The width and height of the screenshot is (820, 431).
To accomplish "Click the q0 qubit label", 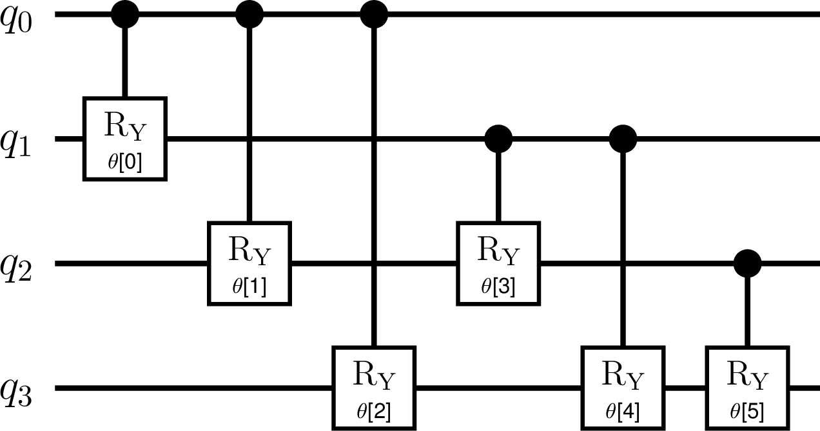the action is [16, 19].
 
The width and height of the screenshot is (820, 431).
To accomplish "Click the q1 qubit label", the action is [15, 144].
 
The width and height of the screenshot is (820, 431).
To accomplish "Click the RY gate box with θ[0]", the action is [125, 139].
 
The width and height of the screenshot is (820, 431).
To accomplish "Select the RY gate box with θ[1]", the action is [249, 263].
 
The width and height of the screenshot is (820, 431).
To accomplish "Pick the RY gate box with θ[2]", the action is [374, 388].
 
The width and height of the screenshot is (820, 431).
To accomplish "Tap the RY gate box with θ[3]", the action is [498, 263].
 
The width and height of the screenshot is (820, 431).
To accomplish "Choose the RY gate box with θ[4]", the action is [623, 388].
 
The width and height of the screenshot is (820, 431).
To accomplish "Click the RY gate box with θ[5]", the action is [748, 388].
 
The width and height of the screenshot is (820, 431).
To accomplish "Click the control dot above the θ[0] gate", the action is [125, 14].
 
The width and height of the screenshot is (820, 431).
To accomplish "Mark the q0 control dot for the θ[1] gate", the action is [249, 14].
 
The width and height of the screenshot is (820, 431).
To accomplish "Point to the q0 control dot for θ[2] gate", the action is [374, 14].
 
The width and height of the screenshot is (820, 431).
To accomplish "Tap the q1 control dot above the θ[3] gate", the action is [498, 139].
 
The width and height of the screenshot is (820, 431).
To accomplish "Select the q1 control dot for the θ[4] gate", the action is [623, 139].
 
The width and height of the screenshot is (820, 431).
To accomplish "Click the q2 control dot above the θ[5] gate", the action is [748, 263].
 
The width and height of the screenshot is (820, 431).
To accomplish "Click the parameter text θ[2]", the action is [374, 412].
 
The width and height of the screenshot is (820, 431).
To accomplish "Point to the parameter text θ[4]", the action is [623, 412].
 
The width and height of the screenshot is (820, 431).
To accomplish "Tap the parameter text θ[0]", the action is [125, 163].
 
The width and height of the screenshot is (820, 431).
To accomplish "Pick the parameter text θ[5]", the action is [747, 412].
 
